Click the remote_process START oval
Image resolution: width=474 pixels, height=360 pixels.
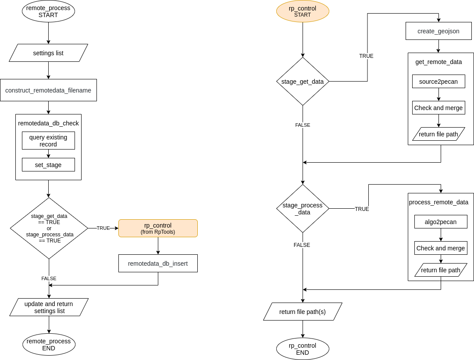click(48, 11)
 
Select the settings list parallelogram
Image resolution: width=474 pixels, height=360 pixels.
click(48, 53)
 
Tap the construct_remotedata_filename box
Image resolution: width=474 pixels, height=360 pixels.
click(48, 90)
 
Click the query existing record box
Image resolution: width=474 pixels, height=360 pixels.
click(48, 141)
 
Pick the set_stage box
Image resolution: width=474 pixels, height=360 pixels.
click(48, 165)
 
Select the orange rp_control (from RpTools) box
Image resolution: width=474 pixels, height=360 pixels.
click(158, 228)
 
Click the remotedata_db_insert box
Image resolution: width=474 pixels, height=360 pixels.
click(158, 264)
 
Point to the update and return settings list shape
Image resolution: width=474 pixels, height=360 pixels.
click(49, 307)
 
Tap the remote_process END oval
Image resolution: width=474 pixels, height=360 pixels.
click(49, 345)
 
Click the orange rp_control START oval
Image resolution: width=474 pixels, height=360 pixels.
click(303, 11)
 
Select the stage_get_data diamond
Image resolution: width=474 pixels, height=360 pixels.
click(303, 82)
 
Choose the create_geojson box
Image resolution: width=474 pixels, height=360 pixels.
click(438, 31)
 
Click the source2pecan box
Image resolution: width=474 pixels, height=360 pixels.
click(438, 82)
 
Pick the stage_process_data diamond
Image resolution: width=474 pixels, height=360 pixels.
click(303, 209)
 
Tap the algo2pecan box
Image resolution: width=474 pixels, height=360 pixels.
click(441, 222)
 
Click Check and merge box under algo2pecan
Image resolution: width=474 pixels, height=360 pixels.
click(441, 248)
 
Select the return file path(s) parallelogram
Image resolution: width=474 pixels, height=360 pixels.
click(303, 312)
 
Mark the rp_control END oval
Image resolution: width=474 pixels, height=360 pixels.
click(303, 349)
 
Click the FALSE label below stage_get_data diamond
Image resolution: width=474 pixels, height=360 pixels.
click(303, 125)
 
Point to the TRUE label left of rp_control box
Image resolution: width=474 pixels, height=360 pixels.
click(103, 228)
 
